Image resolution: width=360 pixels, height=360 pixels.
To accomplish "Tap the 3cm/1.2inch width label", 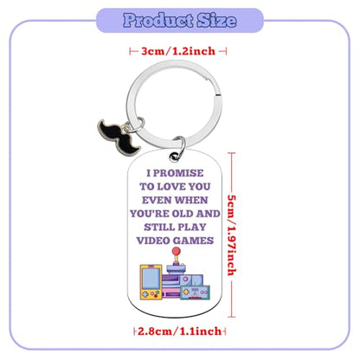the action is point(178,51).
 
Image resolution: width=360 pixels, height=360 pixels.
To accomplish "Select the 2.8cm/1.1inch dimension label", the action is point(180,331).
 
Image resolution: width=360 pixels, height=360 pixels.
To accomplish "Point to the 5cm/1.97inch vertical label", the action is point(232,235).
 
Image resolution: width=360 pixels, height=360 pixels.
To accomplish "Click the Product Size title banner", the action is point(180,21).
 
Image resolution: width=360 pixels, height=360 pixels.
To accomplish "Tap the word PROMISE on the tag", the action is point(178,173).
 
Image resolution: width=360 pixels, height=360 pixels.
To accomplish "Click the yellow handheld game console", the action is point(151,282).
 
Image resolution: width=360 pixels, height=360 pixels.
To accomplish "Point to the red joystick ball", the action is point(176,252).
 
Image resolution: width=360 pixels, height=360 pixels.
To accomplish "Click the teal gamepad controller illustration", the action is point(195,292).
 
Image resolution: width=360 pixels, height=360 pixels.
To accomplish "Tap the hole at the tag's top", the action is point(175,156).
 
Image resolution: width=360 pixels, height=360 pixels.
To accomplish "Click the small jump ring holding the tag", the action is point(178,147).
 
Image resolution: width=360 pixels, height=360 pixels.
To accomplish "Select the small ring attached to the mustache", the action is point(133,125).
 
